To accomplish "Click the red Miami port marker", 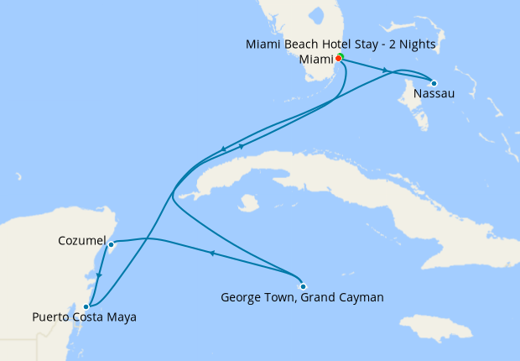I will pyautogui.click(x=338, y=59).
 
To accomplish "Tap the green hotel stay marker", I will pyautogui.click(x=341, y=57).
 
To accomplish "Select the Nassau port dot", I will pyautogui.click(x=434, y=82).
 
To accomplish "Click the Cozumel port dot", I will pyautogui.click(x=111, y=244).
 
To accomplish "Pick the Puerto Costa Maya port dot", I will pyautogui.click(x=86, y=306).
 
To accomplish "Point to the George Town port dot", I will pyautogui.click(x=303, y=285).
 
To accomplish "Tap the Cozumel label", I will pyautogui.click(x=81, y=241).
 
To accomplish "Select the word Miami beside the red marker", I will pyautogui.click(x=316, y=59).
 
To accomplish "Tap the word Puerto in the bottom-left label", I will pyautogui.click(x=50, y=317).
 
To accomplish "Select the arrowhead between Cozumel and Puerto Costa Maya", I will pyautogui.click(x=99, y=275).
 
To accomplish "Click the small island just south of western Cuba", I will pyautogui.click(x=247, y=203).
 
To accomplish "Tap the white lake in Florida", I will pyautogui.click(x=317, y=17).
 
